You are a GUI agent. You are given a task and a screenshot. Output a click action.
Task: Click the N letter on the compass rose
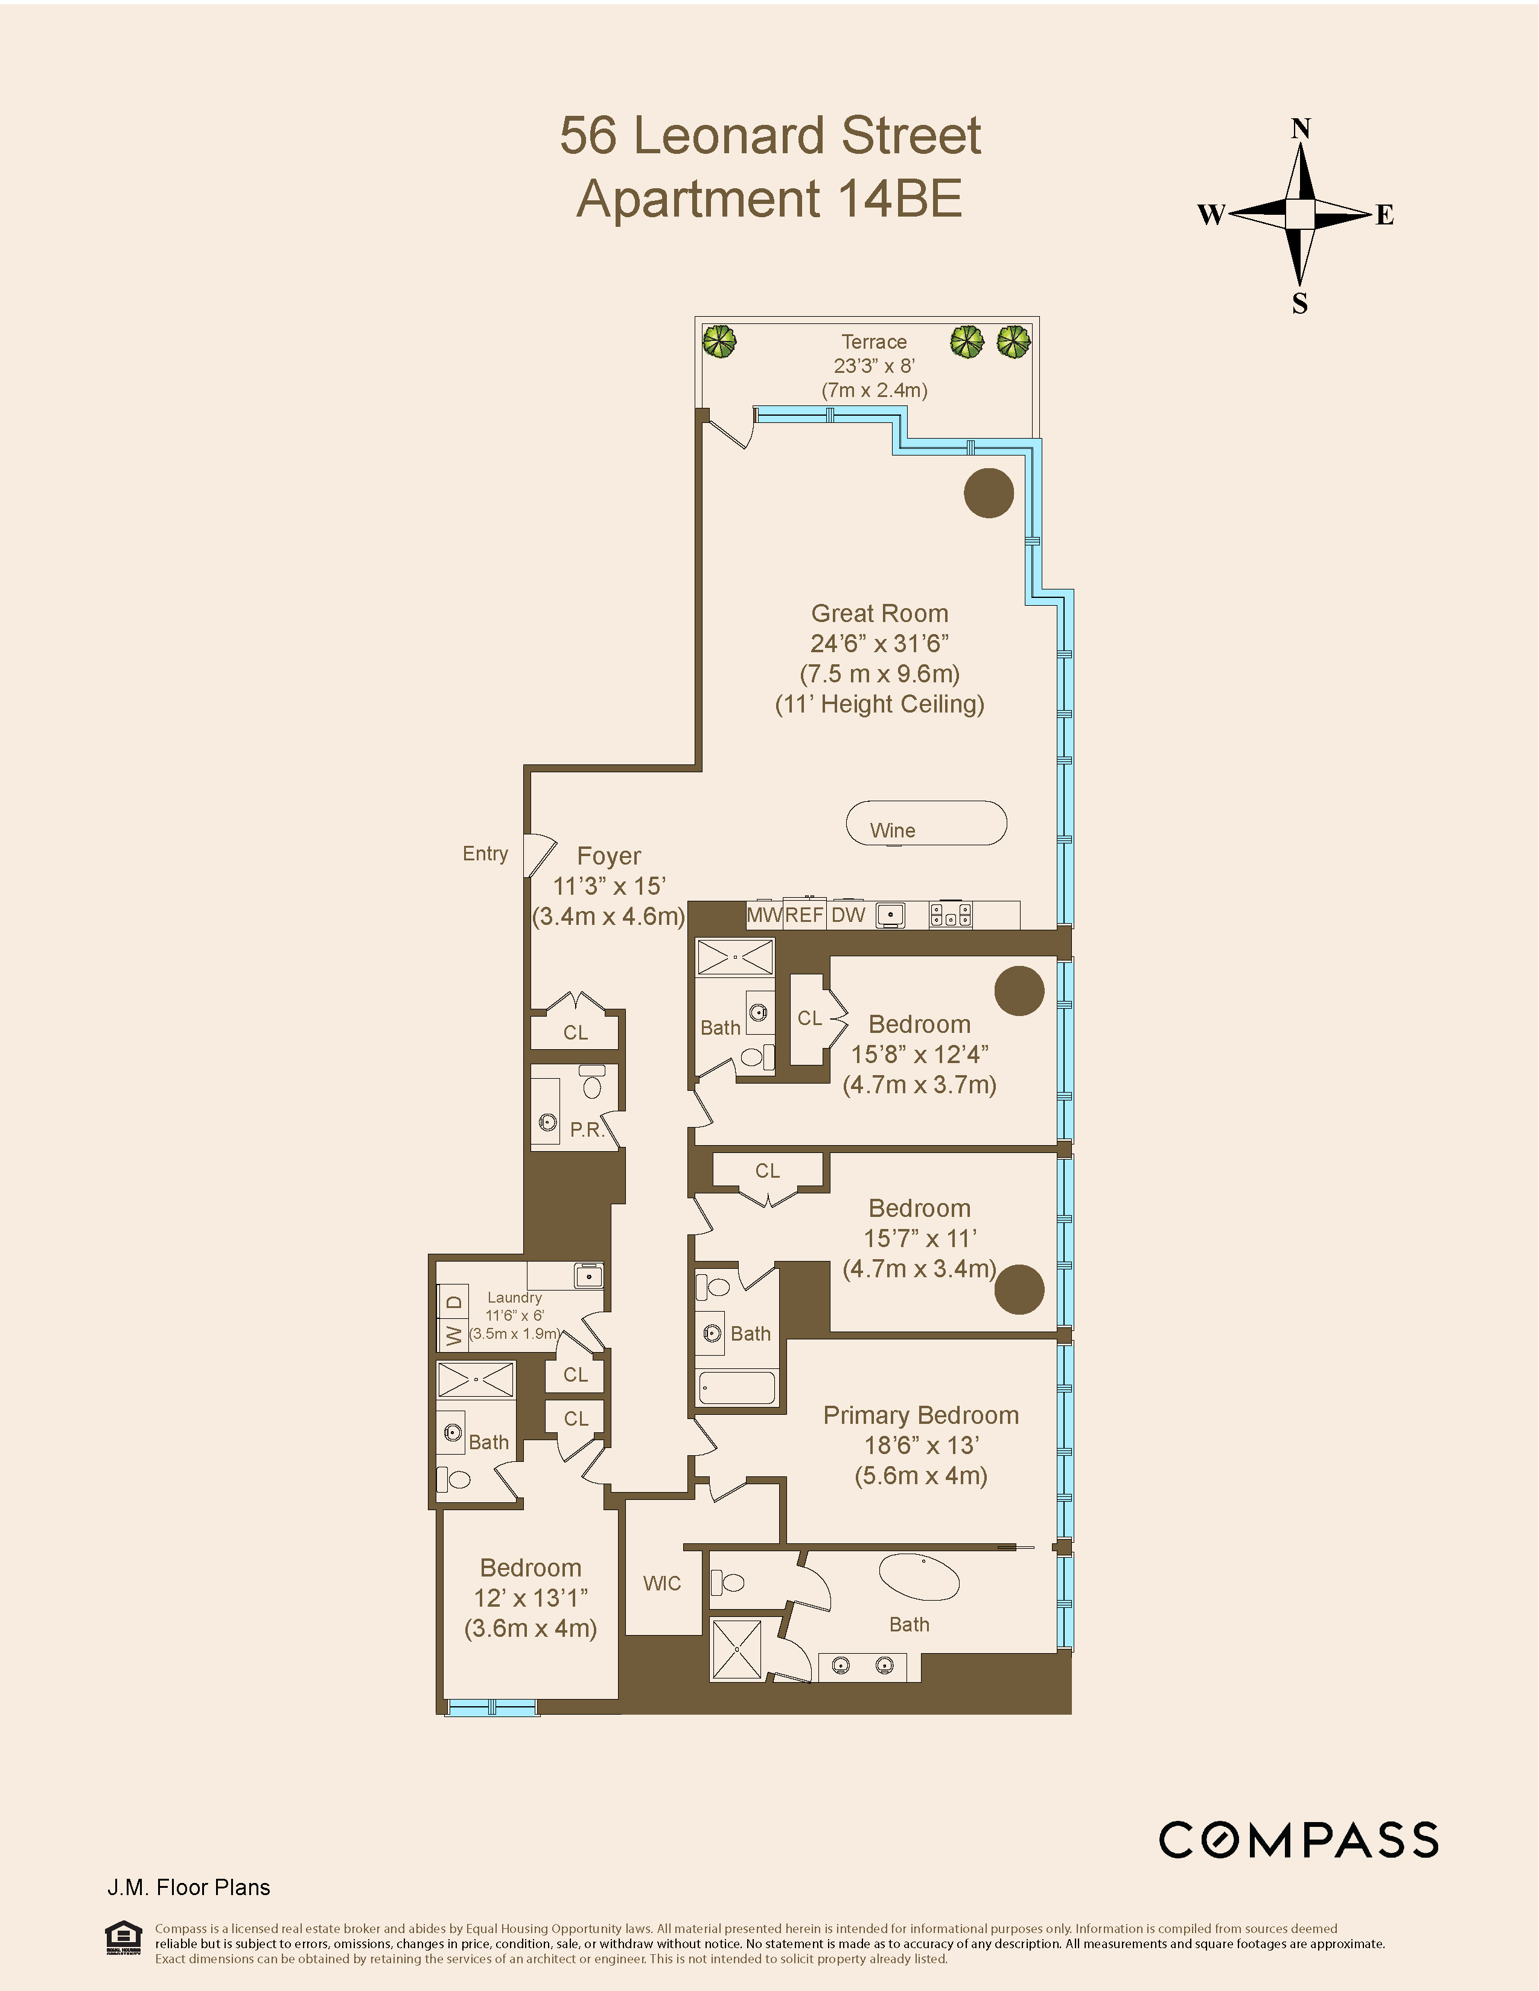[x=1300, y=130]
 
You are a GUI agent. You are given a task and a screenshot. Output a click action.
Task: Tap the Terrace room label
[x=873, y=342]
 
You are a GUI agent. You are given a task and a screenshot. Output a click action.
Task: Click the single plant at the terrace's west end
[x=719, y=343]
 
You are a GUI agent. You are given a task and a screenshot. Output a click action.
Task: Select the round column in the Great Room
[x=989, y=493]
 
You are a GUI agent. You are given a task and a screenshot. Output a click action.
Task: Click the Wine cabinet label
[x=893, y=831]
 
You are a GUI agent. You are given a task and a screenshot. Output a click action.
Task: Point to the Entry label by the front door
[x=485, y=853]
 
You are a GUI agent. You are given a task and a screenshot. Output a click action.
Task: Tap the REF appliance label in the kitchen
[x=804, y=915]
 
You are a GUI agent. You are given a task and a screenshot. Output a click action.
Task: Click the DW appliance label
[x=848, y=915]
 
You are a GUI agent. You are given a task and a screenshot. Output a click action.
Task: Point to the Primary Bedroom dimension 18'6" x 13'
[x=921, y=1446]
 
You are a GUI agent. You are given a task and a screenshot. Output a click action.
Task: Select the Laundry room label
[x=514, y=1297]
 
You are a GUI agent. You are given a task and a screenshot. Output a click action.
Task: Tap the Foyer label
[x=609, y=856]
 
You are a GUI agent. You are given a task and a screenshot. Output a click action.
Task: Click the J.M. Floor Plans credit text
[x=189, y=1887]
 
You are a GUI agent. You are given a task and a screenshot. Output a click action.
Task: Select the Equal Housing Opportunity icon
[x=123, y=1938]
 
